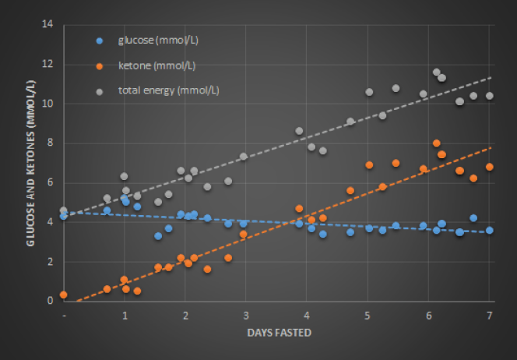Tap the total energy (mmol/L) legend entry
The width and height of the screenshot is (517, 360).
tap(167, 90)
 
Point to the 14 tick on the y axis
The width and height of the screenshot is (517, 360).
tap(48, 24)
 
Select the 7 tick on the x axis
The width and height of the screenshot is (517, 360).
tap(490, 316)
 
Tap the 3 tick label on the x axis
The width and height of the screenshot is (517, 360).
tap(246, 316)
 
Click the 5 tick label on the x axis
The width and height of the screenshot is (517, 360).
tap(368, 316)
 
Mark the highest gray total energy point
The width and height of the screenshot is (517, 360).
tap(437, 72)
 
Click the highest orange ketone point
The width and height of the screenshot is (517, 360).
tap(437, 143)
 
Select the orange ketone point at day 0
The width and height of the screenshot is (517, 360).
tap(63, 295)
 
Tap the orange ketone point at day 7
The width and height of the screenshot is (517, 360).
tap(490, 167)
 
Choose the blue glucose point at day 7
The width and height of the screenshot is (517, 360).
tap(490, 230)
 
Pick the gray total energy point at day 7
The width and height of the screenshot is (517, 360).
tap(490, 96)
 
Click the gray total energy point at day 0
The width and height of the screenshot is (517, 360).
tap(63, 210)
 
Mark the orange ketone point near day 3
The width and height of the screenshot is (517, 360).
tap(243, 234)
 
